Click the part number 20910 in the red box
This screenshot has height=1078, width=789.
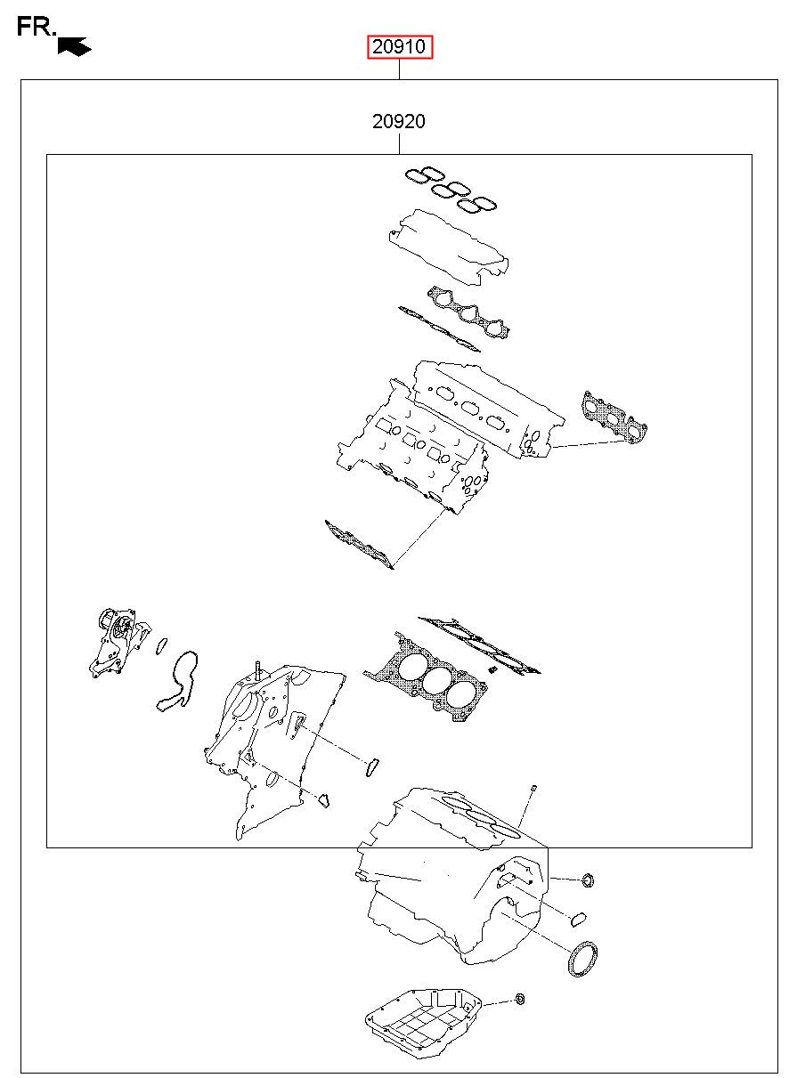click(399, 46)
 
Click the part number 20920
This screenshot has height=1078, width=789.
click(399, 121)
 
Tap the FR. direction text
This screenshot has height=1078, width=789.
click(37, 27)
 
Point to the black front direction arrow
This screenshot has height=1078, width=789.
click(74, 46)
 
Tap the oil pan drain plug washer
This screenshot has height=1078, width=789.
click(520, 1000)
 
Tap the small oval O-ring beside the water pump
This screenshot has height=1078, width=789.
click(162, 646)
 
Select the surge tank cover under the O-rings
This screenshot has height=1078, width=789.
click(449, 247)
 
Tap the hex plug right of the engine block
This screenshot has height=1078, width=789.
click(588, 880)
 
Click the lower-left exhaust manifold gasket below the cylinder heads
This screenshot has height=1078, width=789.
click(359, 544)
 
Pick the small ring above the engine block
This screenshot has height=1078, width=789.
click(533, 788)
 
